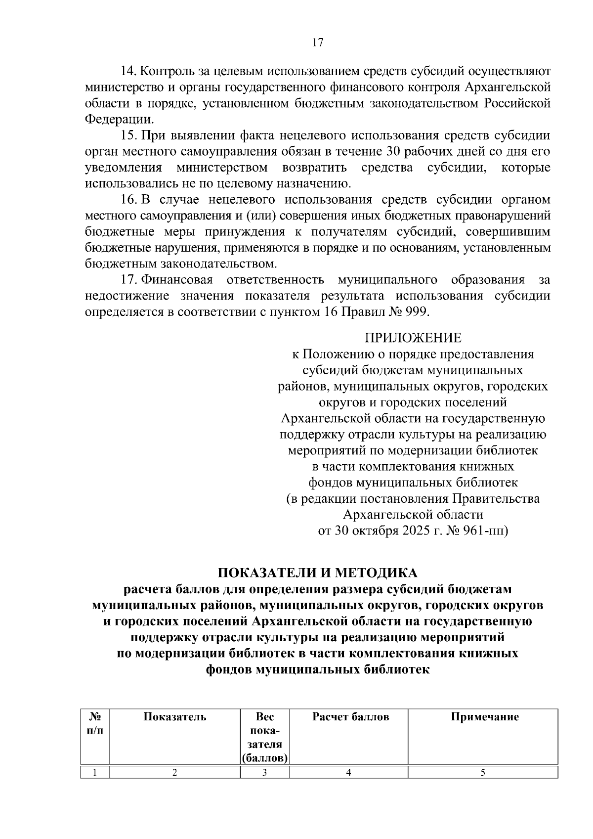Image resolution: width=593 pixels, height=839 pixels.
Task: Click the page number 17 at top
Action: tap(317, 43)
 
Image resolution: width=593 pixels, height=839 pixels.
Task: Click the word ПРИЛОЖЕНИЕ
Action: tap(413, 338)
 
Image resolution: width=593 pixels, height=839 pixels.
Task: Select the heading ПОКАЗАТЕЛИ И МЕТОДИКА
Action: tap(318, 573)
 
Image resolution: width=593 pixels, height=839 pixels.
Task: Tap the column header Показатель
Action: tap(174, 717)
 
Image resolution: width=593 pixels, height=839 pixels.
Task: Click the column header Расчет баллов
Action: tap(350, 717)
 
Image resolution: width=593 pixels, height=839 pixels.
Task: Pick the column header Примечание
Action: tap(484, 717)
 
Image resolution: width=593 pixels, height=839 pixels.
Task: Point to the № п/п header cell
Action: tap(95, 723)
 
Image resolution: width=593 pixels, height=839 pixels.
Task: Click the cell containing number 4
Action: tap(348, 773)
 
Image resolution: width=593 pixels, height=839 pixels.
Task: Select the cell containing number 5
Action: tap(482, 773)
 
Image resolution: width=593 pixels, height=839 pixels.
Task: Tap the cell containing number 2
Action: tap(174, 773)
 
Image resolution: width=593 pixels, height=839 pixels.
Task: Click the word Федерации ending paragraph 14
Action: tap(119, 120)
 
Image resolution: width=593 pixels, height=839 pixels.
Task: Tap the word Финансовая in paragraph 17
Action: tap(177, 280)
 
